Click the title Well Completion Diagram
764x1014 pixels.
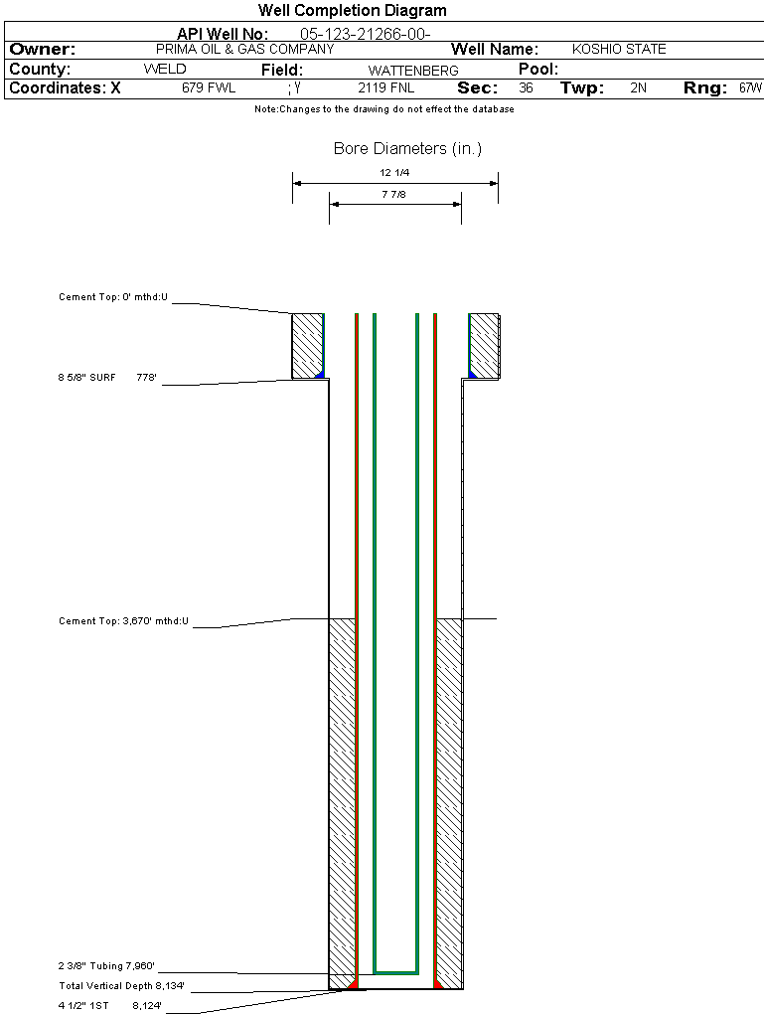tap(353, 10)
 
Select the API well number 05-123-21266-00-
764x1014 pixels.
tap(366, 34)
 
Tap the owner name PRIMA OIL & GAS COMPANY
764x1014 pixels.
tap(245, 49)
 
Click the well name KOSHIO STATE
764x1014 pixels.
tap(619, 49)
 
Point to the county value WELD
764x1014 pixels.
tap(165, 70)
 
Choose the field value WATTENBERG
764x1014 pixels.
tap(413, 71)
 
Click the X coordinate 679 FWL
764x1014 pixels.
tap(208, 87)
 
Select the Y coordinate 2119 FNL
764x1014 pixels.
tap(385, 87)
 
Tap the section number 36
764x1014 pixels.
tap(526, 87)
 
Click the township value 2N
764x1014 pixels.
tap(638, 87)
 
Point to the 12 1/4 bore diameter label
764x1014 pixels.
tap(394, 173)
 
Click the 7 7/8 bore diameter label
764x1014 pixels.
tap(393, 194)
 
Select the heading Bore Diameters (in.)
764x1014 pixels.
tap(408, 149)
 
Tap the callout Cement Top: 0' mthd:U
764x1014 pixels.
tap(113, 297)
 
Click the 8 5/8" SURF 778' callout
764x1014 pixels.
tap(107, 378)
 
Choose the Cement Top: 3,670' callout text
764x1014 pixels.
tap(123, 621)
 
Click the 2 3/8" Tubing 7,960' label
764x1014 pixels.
tap(106, 966)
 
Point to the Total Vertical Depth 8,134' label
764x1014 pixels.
tap(121, 986)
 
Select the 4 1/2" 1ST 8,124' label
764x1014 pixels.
tap(110, 1006)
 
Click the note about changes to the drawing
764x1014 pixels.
tap(384, 109)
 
